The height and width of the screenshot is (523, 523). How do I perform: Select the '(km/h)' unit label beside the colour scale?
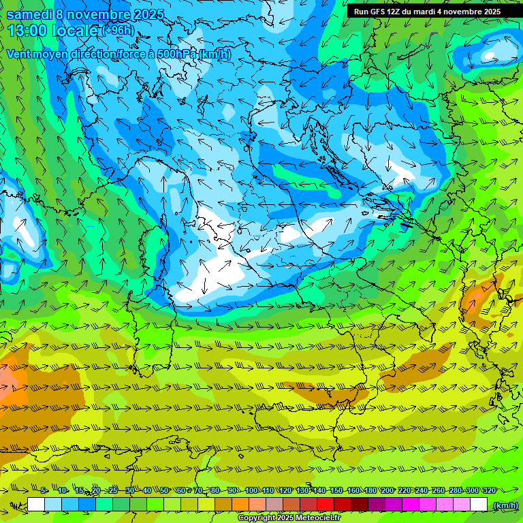click(x=505, y=505)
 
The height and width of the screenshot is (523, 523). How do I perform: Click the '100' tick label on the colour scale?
click(x=251, y=490)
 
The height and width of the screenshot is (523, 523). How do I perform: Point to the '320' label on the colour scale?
click(x=489, y=490)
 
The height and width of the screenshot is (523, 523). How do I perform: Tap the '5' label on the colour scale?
click(x=43, y=490)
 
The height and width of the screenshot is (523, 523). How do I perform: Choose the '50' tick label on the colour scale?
click(x=164, y=490)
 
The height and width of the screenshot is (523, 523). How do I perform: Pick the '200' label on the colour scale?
click(x=387, y=490)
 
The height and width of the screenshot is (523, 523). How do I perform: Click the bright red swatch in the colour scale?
click(x=326, y=505)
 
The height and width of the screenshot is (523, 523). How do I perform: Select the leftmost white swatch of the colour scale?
click(x=36, y=505)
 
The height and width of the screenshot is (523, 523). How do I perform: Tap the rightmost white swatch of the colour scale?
click(x=479, y=505)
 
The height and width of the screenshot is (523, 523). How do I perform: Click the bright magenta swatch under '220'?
click(x=411, y=505)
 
